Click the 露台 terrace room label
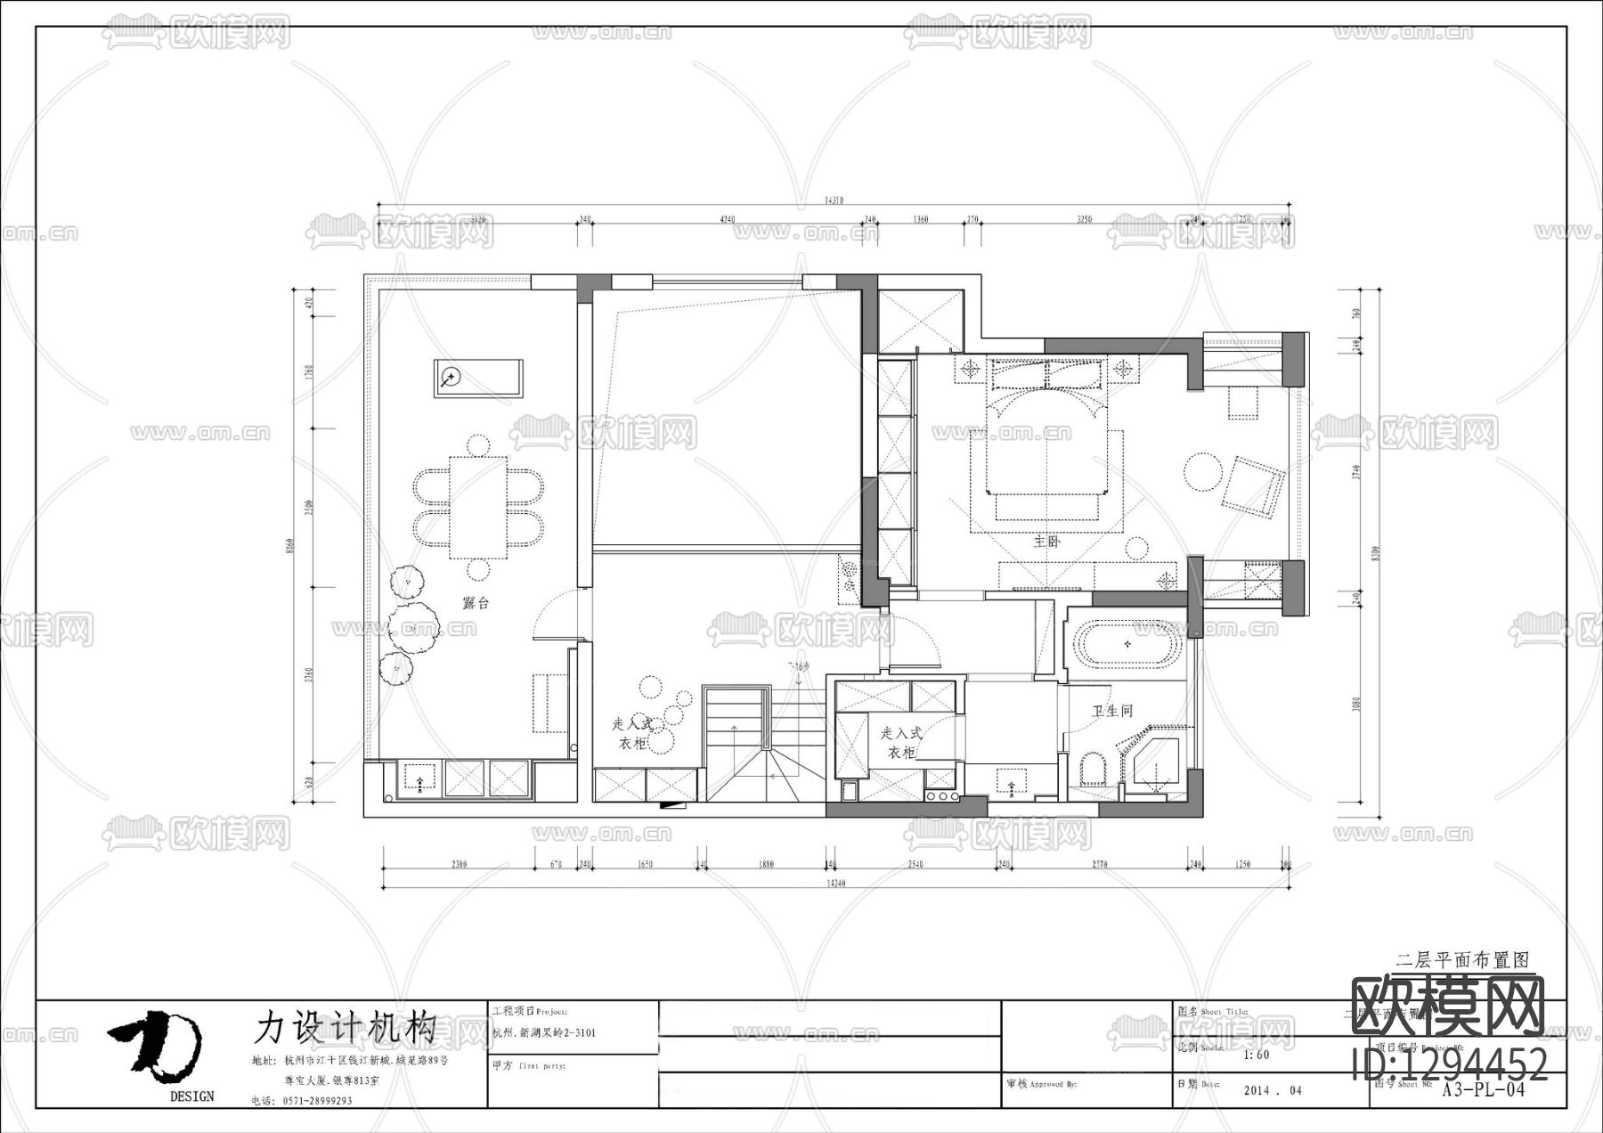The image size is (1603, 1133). tap(476, 603)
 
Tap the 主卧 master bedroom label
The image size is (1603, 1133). tap(1047, 542)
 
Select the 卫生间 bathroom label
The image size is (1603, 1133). tap(1112, 711)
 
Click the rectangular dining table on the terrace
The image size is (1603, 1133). tap(478, 507)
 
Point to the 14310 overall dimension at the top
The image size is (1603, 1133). tap(834, 201)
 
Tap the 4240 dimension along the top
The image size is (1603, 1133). tap(727, 219)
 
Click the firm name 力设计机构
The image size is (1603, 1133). tap(345, 1027)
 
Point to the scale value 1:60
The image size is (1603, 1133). tap(1256, 1056)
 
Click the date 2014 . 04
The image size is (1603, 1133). tap(1272, 1090)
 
